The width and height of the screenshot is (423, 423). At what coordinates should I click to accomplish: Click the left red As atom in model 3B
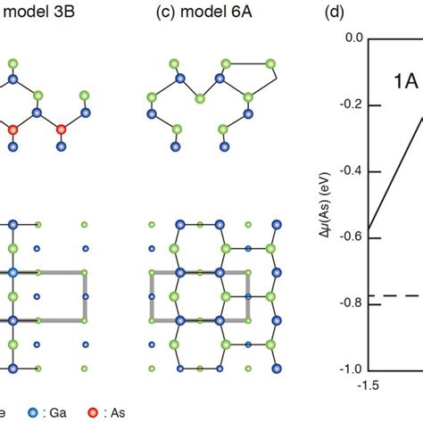coord(13,130)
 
